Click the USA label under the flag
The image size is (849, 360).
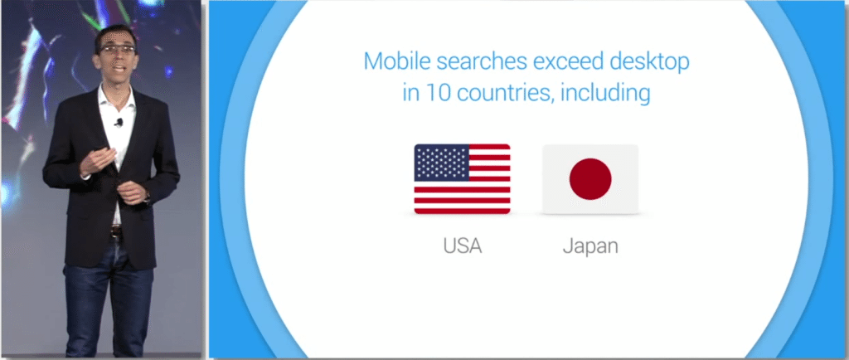462,246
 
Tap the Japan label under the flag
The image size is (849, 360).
589,246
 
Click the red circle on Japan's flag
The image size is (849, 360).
590,179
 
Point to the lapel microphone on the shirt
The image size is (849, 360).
119,122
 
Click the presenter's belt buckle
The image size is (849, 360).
117,232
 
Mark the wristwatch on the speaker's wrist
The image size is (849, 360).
147,197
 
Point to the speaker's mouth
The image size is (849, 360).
119,67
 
